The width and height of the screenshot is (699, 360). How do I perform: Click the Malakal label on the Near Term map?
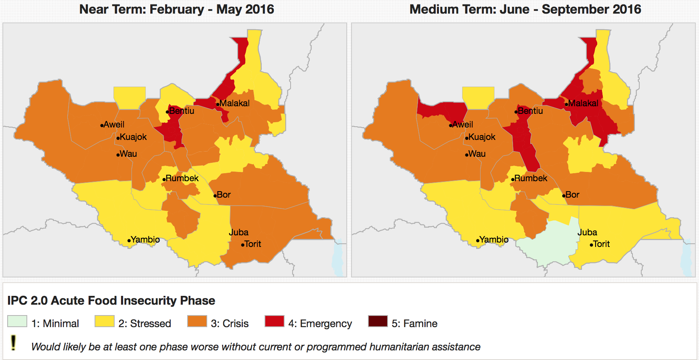[x=234, y=103]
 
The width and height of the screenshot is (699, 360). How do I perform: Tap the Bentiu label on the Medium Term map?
[x=530, y=111]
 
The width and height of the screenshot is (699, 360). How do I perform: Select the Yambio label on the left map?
[x=145, y=240]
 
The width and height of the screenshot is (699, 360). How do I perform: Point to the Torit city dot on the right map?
[x=591, y=245]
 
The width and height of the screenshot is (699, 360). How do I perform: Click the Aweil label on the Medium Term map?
[x=463, y=125]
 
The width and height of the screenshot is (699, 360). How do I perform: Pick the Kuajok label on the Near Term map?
[x=133, y=137]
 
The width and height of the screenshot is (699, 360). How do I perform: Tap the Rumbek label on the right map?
[x=531, y=178]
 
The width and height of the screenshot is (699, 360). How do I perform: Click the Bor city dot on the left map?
[x=215, y=196]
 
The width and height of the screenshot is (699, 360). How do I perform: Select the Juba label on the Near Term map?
[x=238, y=233]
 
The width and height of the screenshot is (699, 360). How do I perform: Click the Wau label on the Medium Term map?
[x=477, y=154]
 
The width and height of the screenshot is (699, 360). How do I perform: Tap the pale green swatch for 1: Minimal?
[x=17, y=322]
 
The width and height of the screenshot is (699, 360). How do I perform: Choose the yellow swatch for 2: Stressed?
[x=105, y=322]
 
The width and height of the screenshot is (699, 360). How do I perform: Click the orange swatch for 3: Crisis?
[x=197, y=322]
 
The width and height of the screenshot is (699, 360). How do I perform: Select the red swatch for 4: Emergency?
[x=275, y=322]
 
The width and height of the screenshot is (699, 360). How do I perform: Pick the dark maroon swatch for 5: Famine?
[x=378, y=322]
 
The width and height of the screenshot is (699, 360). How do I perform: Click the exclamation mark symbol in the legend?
[x=14, y=343]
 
